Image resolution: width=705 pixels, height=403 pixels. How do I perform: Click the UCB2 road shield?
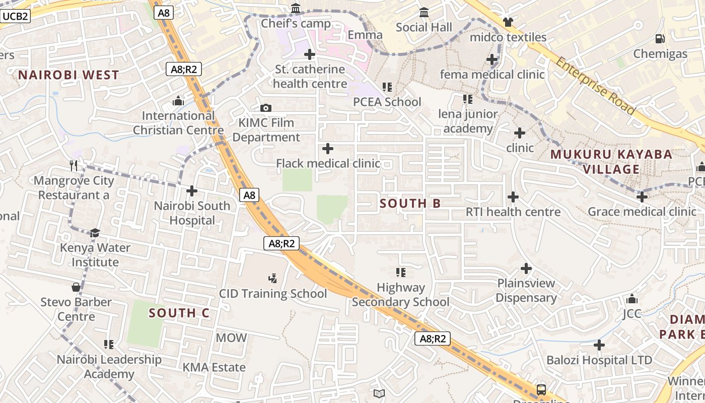point(15,16)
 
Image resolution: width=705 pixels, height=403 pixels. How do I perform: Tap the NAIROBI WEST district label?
point(68,75)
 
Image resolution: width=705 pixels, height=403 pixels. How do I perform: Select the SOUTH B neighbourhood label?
point(410,204)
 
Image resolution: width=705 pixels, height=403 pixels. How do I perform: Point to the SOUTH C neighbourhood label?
point(179,313)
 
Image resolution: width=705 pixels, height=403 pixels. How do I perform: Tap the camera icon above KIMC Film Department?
point(266,108)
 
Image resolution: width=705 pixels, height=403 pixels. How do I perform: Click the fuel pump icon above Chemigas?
point(660,38)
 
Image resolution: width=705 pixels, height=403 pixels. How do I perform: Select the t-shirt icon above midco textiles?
point(508,22)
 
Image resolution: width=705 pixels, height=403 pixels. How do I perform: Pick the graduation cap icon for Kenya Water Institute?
point(95,232)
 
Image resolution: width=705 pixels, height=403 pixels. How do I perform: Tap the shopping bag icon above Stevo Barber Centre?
point(76,287)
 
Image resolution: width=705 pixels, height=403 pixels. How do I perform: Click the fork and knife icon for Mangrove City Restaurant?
point(74,165)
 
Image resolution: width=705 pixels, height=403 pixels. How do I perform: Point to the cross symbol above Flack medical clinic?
point(328,148)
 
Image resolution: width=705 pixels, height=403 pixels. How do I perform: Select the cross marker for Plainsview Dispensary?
point(526,268)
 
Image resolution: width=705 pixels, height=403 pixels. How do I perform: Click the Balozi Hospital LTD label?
point(599,360)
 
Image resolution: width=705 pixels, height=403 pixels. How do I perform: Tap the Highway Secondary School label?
point(400,295)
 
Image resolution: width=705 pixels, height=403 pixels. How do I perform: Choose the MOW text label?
point(231,338)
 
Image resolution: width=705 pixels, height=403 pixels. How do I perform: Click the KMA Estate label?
point(214,367)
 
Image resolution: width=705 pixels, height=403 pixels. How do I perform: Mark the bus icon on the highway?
point(541,389)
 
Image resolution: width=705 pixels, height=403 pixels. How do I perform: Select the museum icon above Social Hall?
point(424,12)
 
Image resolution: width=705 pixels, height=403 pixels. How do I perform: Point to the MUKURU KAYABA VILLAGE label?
point(611,161)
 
